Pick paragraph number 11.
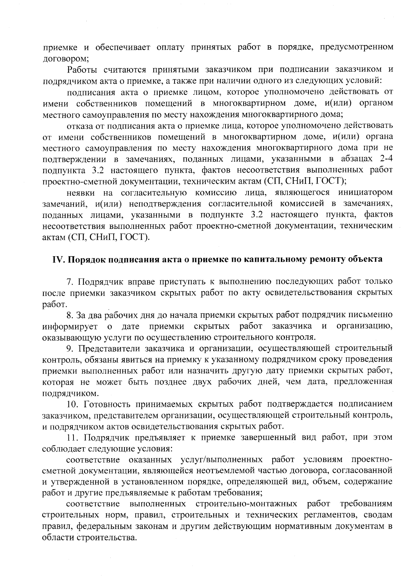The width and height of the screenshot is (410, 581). (73, 437)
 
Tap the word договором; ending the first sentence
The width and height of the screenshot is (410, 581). (66, 59)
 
